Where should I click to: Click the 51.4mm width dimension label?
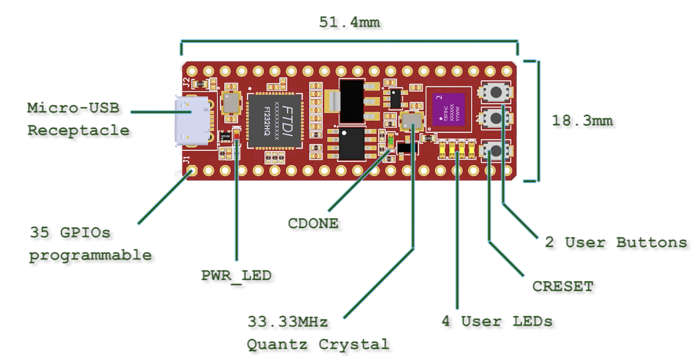(349, 22)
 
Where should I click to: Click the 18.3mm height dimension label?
(582, 120)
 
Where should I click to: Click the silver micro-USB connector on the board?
(192, 121)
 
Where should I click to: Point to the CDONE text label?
(313, 223)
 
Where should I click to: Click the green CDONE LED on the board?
(390, 141)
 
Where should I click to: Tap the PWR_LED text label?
(236, 275)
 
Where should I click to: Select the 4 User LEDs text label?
(497, 321)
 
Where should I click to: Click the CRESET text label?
(562, 286)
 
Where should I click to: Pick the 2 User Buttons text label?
(615, 242)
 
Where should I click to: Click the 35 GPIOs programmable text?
(90, 244)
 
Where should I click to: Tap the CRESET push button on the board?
(496, 151)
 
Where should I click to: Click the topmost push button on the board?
(496, 92)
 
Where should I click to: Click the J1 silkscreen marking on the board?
(186, 159)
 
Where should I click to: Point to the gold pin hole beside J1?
(192, 171)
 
